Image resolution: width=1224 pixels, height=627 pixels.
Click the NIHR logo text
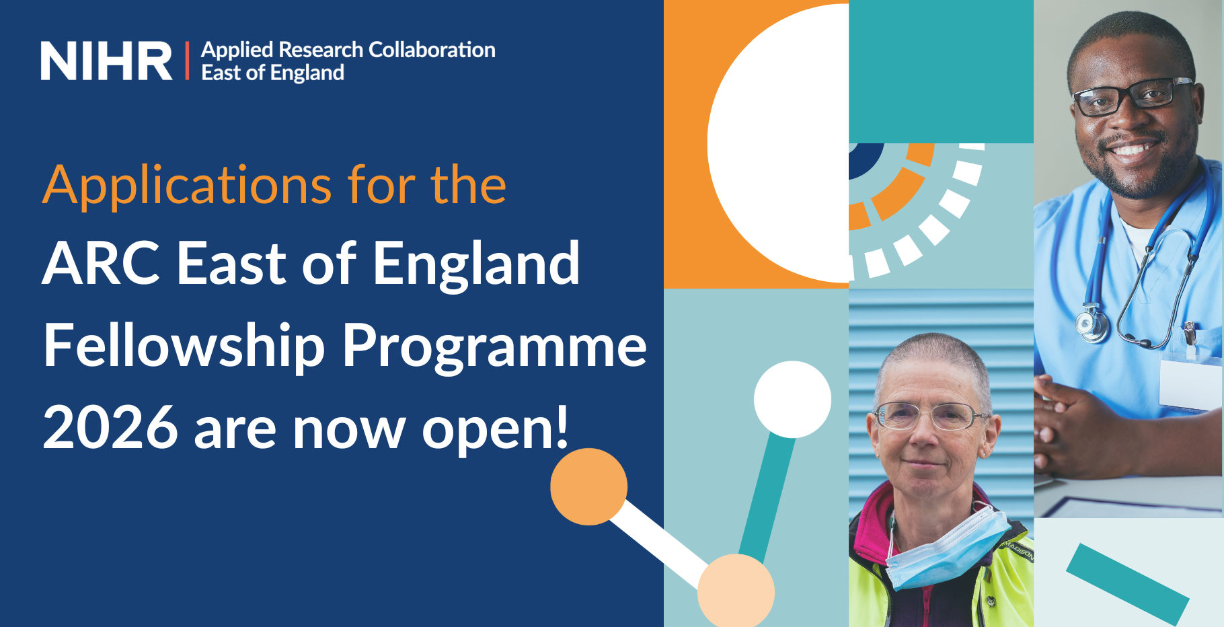pos(106,61)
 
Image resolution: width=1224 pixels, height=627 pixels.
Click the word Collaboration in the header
pos(432,50)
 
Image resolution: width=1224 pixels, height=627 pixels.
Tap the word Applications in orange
pos(188,186)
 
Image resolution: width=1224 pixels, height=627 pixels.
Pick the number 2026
pos(110,427)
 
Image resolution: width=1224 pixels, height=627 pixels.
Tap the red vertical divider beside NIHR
pos(187,61)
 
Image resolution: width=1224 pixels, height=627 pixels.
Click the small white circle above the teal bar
pos(792,400)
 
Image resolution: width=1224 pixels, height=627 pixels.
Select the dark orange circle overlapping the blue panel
pos(588,486)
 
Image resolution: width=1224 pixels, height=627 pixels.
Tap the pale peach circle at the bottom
pos(736,591)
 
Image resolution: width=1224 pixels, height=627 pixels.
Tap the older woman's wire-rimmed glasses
pos(927,416)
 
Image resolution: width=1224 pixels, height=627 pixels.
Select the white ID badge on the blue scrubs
pos(1191,384)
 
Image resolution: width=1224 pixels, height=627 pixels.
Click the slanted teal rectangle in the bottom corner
pos(1128,585)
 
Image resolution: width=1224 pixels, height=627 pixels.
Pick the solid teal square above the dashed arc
pos(941,71)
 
